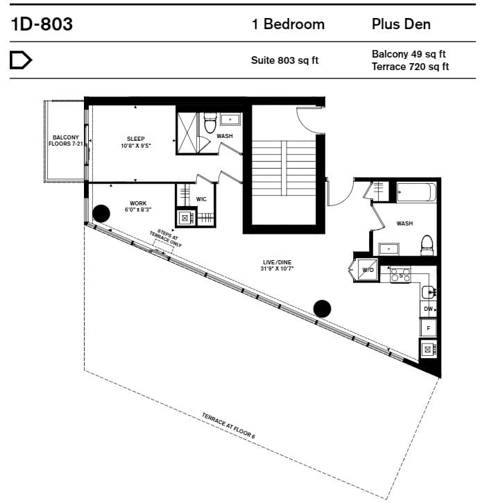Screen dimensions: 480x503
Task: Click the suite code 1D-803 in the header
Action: coord(42,24)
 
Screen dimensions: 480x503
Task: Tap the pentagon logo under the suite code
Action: coord(21,60)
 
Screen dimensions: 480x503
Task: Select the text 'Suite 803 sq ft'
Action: coord(284,60)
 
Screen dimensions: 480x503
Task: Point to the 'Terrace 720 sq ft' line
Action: coord(410,67)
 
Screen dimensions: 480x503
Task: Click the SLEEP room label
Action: coord(136,139)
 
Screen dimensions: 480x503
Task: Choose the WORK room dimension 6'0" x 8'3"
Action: coord(138,210)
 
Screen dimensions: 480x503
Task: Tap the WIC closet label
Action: coord(201,199)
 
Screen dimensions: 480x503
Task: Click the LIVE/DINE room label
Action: coord(277,262)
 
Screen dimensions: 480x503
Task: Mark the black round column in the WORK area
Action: coord(101,214)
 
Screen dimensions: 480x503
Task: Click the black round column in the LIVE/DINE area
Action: coord(322,309)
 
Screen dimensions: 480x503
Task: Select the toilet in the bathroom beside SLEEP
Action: coord(210,123)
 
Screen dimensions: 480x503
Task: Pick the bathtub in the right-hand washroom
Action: coord(416,192)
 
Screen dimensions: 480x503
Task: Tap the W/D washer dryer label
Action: coord(368,270)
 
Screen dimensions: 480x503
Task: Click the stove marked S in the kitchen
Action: coord(400,275)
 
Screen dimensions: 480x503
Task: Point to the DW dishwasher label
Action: coord(428,309)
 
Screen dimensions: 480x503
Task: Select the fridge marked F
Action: coord(429,327)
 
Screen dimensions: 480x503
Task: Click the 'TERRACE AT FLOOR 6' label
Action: coord(228,426)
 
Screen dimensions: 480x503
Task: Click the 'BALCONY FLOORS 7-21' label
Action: coord(66,141)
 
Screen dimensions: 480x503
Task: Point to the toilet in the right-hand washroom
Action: coord(427,245)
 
